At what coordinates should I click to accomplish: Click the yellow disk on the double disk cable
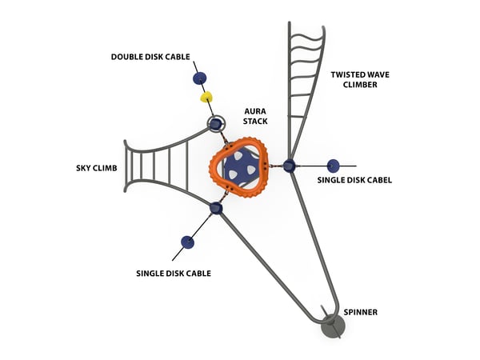[x=206, y=98]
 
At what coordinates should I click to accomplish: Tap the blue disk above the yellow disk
[x=199, y=78]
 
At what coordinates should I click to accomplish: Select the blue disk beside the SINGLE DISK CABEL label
[x=333, y=166]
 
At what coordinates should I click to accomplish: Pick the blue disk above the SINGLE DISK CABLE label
[x=187, y=242]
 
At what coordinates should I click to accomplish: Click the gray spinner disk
[x=332, y=325]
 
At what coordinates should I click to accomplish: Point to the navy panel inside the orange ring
[x=241, y=167]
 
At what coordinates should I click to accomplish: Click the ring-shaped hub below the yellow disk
[x=215, y=124]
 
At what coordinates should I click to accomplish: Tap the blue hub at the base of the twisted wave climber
[x=290, y=166]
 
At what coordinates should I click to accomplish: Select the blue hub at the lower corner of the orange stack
[x=216, y=208]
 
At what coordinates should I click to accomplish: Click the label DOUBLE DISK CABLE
[x=150, y=56]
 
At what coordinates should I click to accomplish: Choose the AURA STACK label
[x=256, y=114]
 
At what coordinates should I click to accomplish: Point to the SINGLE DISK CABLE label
[x=174, y=273]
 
